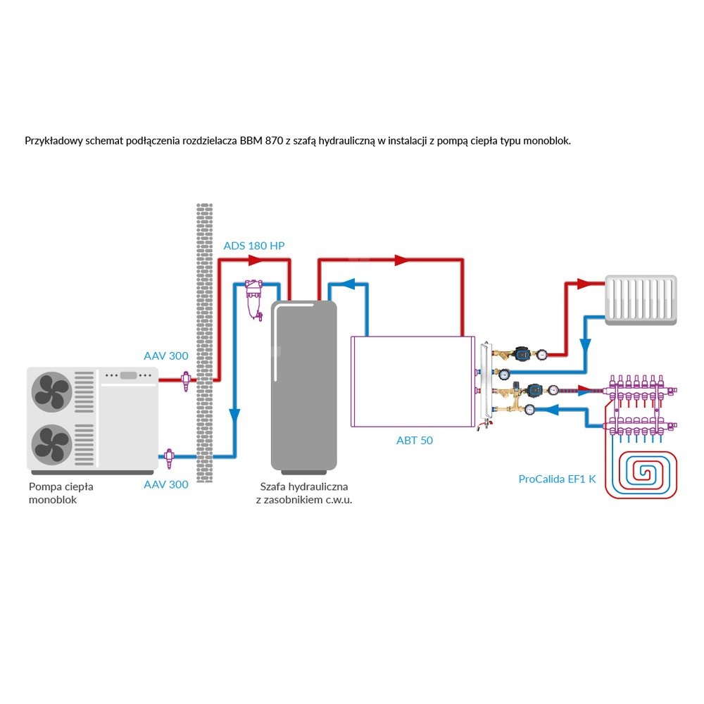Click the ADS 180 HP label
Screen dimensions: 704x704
pos(254,246)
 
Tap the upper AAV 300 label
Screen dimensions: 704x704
pos(166,356)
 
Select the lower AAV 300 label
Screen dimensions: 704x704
pos(166,484)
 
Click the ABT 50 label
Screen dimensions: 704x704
pos(415,441)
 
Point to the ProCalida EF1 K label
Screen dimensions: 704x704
pos(557,479)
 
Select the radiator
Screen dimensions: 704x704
pos(641,300)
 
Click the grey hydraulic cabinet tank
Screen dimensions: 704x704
pos(304,384)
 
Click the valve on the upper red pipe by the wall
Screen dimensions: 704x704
pos(186,380)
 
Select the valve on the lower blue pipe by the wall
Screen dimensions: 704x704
pos(169,458)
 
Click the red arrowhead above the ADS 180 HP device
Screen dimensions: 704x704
pos(253,261)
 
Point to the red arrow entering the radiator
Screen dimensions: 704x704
pos(586,284)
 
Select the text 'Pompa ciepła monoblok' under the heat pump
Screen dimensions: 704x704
pos(62,493)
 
